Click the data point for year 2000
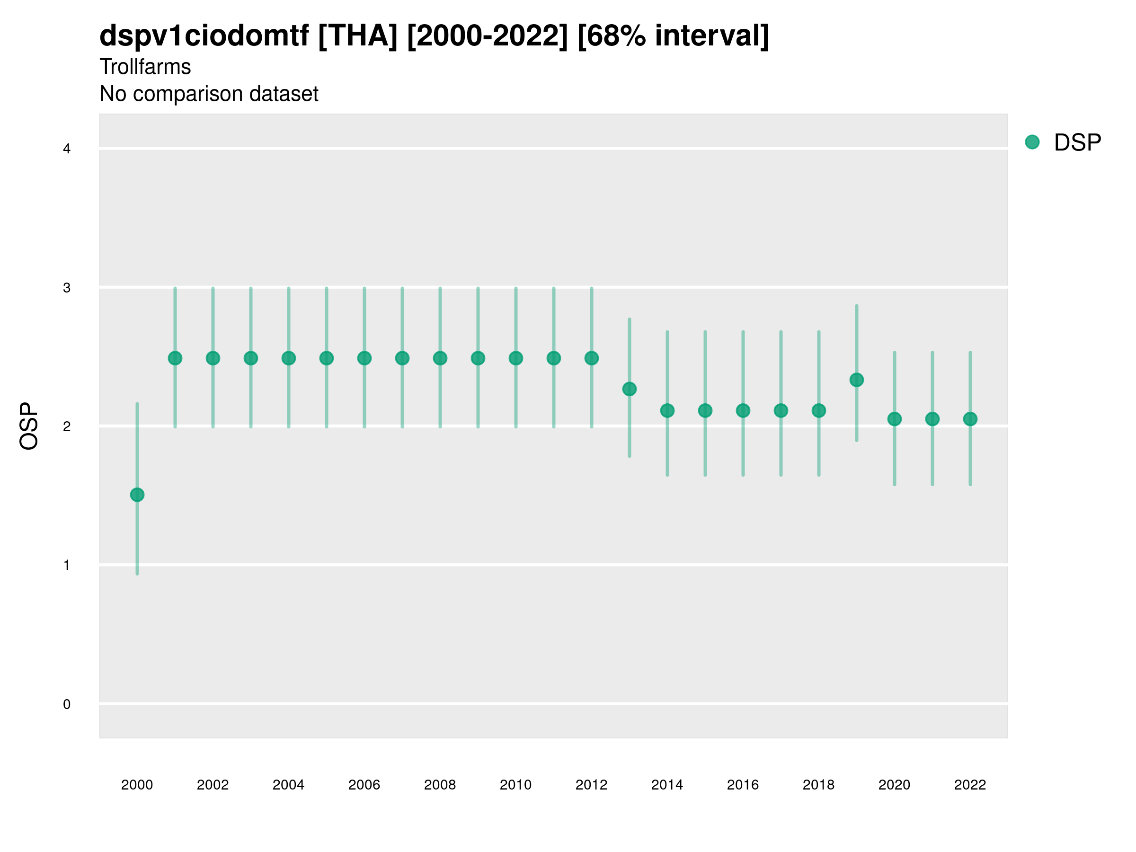point(137,495)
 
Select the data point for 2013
point(629,389)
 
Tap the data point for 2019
point(857,380)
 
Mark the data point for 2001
point(175,358)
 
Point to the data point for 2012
point(592,358)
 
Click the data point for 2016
point(743,410)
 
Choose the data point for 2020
point(895,419)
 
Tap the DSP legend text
point(1077,143)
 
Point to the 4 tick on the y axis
point(67,149)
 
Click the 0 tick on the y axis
point(67,704)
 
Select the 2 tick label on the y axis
point(67,427)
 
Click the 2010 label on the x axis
point(515,785)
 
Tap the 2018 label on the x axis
point(818,785)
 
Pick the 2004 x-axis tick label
point(289,785)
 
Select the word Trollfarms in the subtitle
point(145,67)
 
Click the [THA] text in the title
point(358,36)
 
